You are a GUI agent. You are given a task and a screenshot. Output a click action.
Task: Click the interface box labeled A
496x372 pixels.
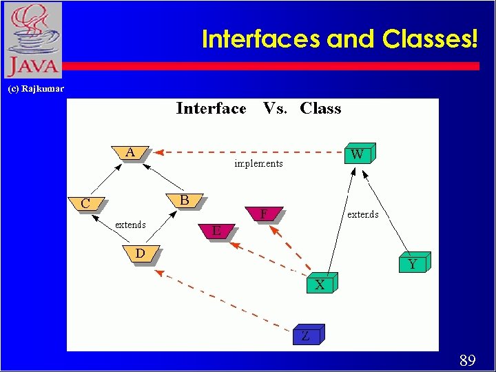(130, 153)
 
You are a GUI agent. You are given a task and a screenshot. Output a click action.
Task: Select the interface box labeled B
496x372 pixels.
(184, 200)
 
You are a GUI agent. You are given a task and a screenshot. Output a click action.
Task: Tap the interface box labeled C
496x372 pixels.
(85, 203)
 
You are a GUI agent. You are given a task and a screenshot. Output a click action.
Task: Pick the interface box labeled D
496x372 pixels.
(141, 253)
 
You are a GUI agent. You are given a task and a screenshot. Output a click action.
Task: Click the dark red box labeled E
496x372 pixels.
(216, 231)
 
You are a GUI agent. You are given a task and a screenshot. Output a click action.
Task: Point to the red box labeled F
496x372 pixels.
(264, 214)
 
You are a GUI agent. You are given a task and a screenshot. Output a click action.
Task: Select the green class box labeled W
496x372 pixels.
(358, 154)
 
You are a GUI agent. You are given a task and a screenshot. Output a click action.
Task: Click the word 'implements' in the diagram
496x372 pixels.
(258, 164)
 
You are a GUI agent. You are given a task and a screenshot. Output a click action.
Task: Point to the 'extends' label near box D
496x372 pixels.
(130, 225)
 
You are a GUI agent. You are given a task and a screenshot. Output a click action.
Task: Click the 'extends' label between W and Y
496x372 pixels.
(363, 214)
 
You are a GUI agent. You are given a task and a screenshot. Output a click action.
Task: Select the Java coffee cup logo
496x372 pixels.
(32, 39)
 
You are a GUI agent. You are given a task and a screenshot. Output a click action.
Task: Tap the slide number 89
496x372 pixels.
(467, 360)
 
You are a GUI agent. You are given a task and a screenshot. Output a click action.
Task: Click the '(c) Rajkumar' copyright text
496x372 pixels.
(35, 89)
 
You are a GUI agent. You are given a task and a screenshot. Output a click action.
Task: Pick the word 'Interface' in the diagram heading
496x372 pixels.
(211, 109)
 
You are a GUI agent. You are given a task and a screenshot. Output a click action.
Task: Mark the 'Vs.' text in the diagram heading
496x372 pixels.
(276, 109)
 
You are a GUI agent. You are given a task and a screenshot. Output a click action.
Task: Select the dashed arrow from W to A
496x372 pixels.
(248, 152)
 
